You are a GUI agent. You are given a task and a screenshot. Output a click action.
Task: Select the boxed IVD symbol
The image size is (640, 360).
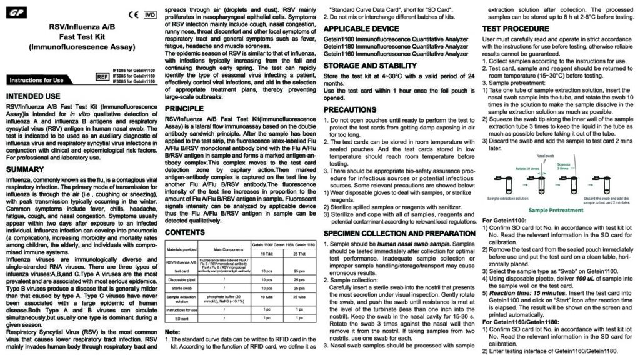(150, 14)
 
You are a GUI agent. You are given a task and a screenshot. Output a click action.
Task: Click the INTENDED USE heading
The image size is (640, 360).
(33, 97)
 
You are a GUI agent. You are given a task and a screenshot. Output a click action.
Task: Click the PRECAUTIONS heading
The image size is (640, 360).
(355, 109)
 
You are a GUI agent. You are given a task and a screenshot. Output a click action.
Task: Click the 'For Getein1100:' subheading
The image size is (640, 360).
(507, 221)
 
